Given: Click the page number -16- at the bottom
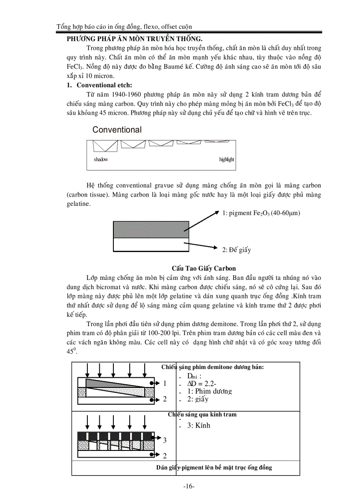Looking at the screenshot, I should [188, 487].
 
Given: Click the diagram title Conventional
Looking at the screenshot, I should [117, 130].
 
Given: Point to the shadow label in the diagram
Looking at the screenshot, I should [101, 160].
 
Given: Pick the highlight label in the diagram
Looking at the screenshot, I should [226, 160].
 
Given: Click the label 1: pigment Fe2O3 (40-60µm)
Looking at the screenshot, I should [261, 213].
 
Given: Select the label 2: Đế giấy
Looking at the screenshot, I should [236, 250].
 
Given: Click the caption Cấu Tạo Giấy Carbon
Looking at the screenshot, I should [204, 268].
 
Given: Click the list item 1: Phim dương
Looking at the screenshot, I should [210, 391].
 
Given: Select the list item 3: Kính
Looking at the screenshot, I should [199, 425].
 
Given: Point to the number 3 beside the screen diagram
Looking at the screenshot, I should [165, 440].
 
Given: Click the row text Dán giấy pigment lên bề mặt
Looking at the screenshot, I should [214, 468].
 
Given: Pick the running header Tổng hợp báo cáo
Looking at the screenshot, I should [124, 27].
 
